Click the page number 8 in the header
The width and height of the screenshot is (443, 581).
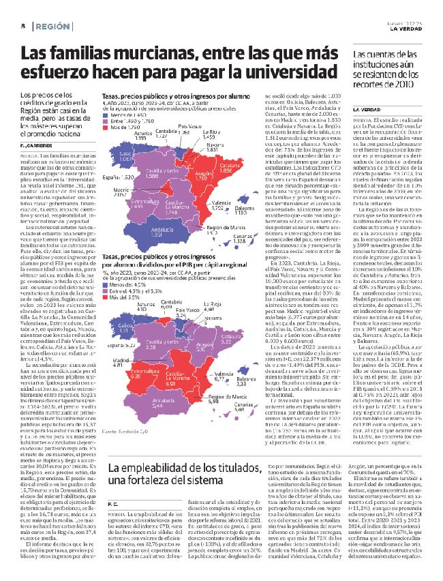tap(23, 27)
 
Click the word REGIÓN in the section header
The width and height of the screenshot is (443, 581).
tap(57, 27)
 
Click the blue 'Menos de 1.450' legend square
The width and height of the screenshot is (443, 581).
tap(104, 116)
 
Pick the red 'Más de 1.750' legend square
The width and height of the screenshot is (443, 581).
tap(104, 127)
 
